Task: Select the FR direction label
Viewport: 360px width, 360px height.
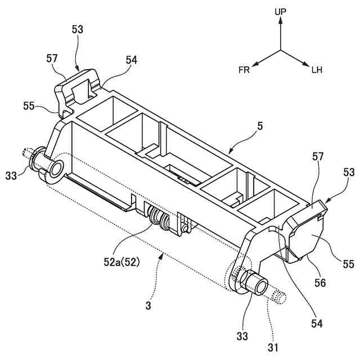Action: pos(244,70)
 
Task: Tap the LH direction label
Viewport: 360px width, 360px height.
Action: pos(317,70)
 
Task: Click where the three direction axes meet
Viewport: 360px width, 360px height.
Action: pos(281,51)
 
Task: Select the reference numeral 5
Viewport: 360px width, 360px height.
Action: pos(259,128)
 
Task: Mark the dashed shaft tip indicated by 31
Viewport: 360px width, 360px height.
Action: pos(278,296)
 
